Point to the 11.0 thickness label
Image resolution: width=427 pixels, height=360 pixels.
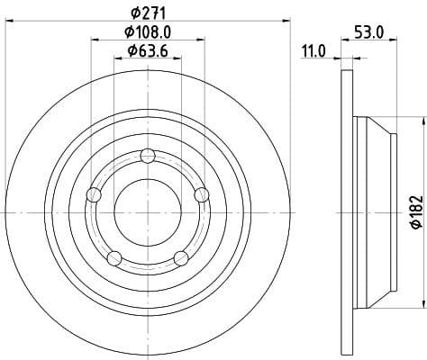[313, 52]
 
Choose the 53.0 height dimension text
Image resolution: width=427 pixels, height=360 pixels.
[369, 31]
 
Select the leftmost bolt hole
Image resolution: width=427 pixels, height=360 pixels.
[92, 194]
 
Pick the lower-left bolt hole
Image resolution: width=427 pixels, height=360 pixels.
[114, 259]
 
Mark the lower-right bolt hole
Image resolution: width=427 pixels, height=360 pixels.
[181, 259]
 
